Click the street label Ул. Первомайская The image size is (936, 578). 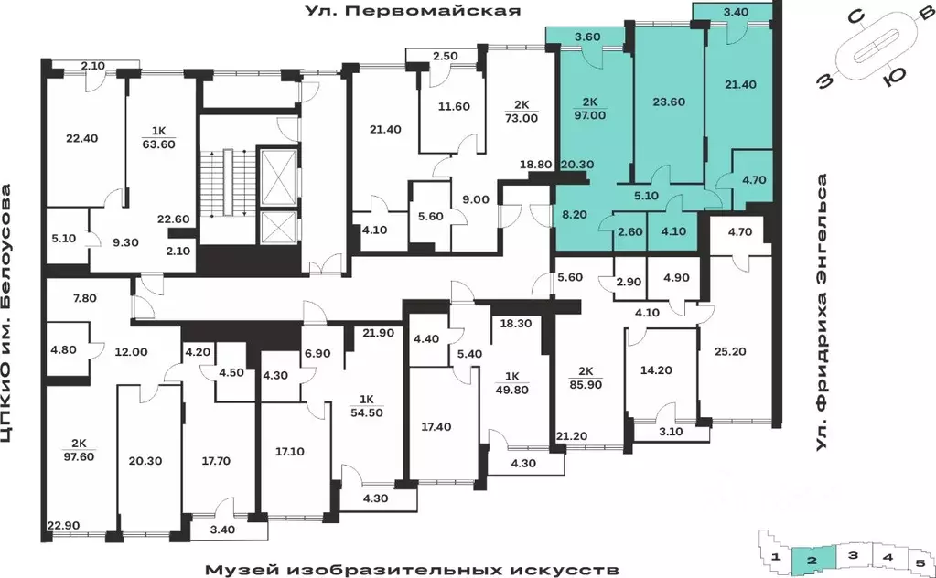click(413, 11)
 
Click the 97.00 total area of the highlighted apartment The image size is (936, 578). click(588, 117)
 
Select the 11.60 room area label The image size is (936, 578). click(448, 107)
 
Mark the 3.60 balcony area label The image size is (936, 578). click(586, 37)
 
